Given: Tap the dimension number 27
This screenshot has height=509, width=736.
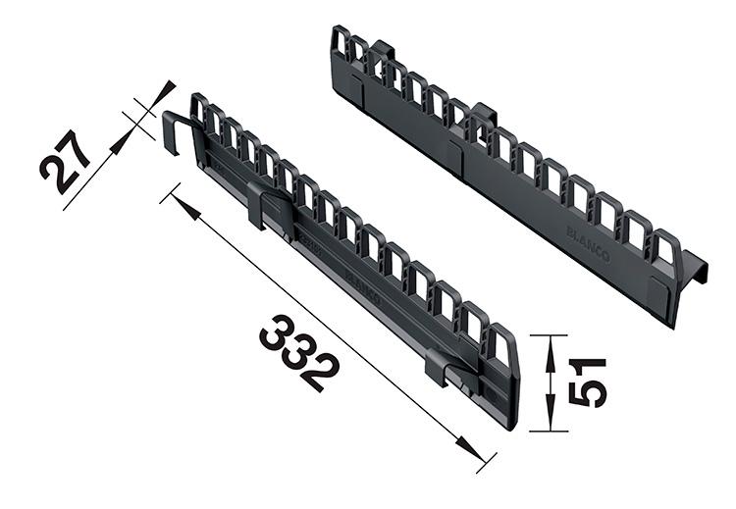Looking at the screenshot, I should (x=66, y=160).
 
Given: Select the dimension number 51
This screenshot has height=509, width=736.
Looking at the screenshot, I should (x=588, y=382).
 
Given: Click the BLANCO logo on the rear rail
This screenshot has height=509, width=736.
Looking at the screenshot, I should (x=588, y=244).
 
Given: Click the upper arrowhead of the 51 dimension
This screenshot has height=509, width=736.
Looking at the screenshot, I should (x=551, y=345).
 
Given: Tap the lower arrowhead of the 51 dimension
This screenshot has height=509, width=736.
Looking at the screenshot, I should (x=551, y=420).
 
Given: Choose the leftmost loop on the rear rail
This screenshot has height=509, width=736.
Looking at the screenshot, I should (x=341, y=44).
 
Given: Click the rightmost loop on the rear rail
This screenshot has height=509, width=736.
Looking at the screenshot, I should (x=664, y=249).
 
